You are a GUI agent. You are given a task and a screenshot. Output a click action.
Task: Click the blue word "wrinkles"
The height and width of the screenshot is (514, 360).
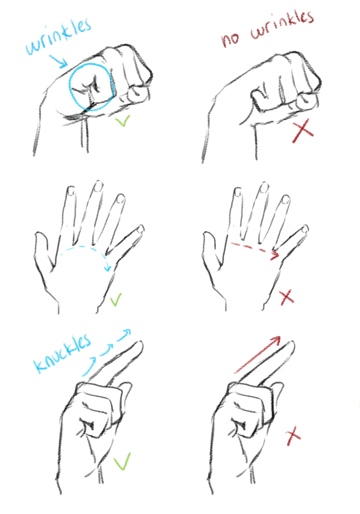click(58, 36)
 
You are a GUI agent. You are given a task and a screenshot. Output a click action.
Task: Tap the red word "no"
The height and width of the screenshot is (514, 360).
click(231, 39)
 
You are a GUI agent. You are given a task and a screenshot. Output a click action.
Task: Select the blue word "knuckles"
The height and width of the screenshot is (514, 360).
click(62, 354)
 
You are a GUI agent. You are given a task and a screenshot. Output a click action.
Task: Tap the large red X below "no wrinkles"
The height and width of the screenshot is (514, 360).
click(302, 132)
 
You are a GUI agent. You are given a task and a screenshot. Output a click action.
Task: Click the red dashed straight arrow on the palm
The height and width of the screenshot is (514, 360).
click(255, 249)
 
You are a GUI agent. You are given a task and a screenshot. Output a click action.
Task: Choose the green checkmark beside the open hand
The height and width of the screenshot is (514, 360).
click(115, 300)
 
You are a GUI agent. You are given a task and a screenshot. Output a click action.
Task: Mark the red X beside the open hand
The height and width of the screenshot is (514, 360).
click(286, 298)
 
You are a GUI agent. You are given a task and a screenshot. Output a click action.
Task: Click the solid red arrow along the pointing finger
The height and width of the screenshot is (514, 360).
click(258, 355)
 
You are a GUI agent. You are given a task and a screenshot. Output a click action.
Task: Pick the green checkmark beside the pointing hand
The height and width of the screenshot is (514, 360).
click(122, 462)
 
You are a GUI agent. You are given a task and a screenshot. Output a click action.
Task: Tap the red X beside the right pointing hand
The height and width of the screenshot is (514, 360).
click(293, 436)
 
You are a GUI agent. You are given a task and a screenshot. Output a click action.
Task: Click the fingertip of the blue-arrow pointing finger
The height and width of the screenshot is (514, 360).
click(139, 345)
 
